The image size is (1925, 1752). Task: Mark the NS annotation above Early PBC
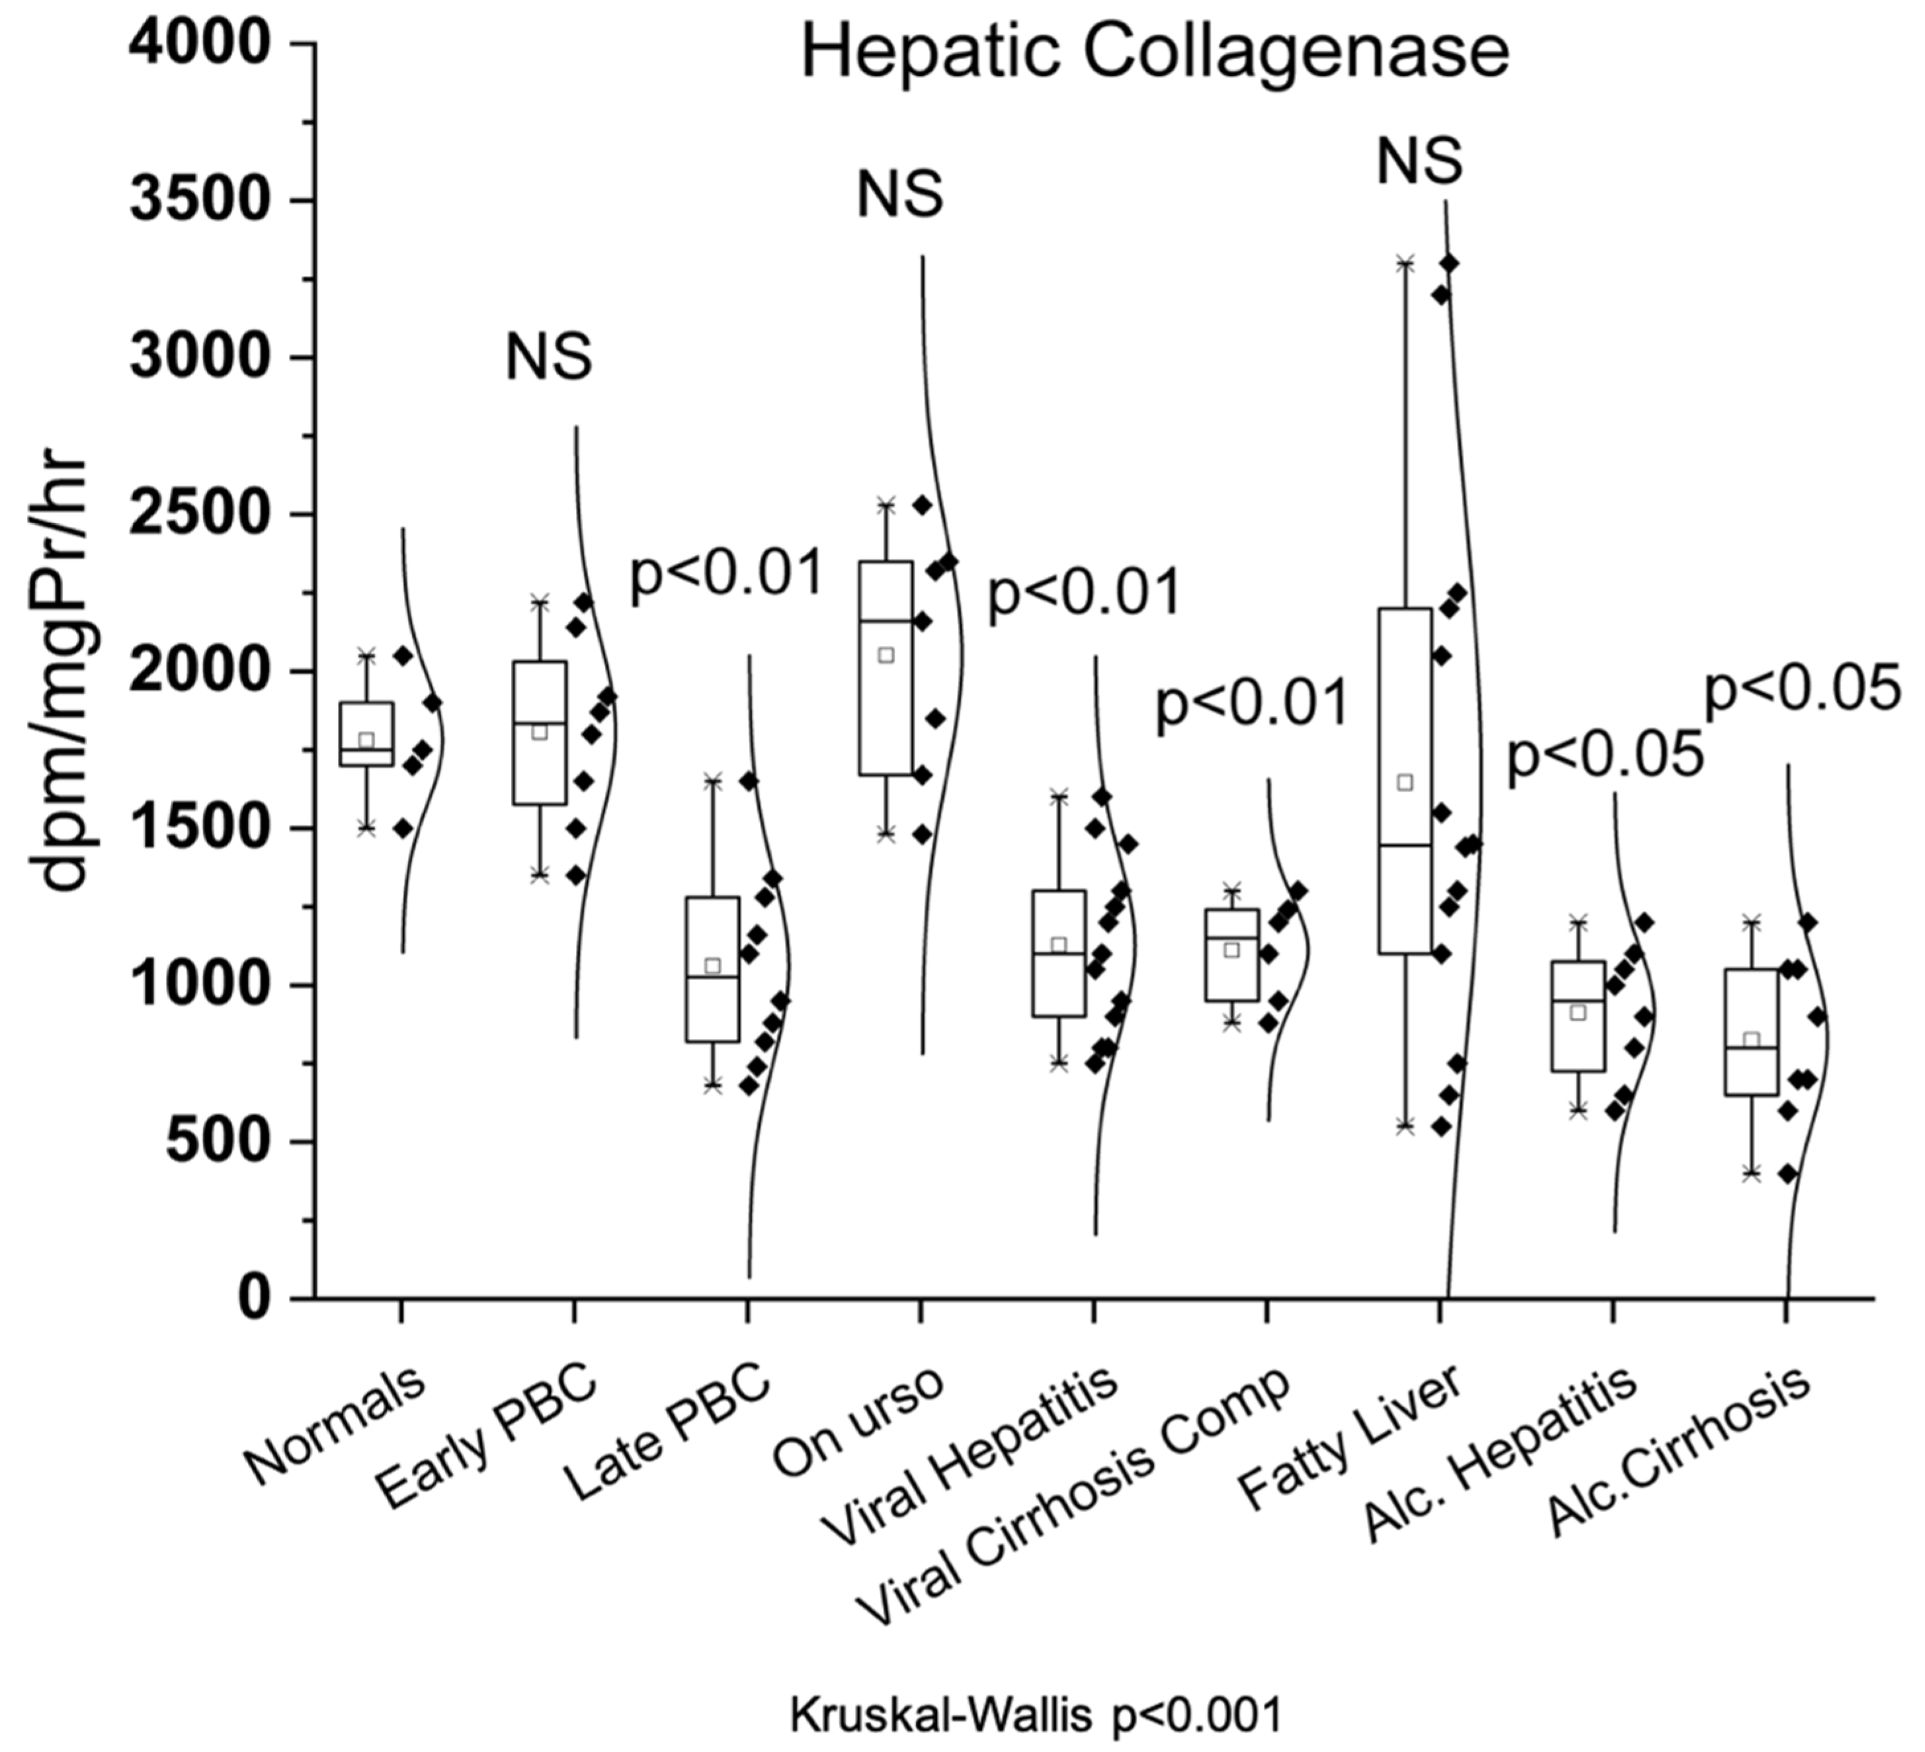[548, 357]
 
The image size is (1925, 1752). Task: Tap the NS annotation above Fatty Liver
[1419, 161]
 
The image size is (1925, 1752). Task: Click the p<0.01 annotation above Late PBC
[725, 575]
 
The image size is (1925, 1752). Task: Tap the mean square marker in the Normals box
[366, 740]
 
